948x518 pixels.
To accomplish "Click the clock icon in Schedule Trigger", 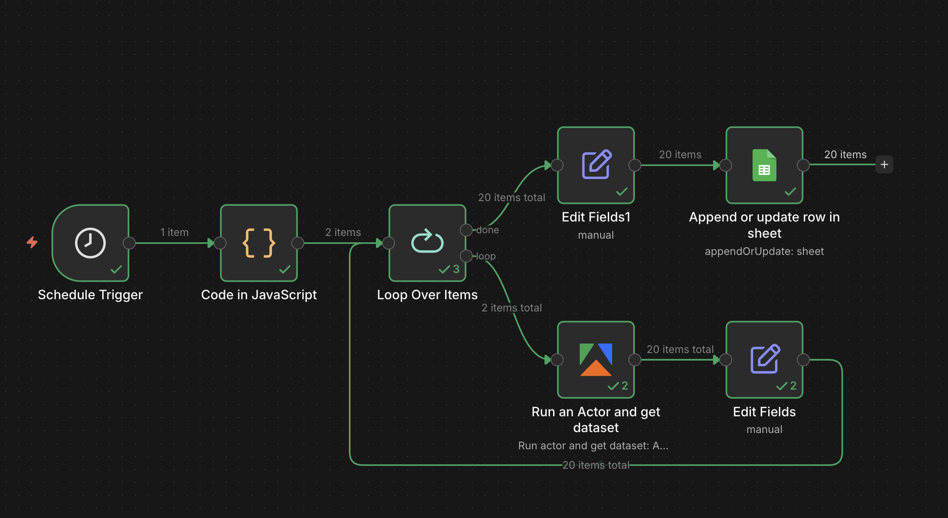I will [x=90, y=243].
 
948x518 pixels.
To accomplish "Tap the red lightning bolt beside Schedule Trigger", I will [x=32, y=242].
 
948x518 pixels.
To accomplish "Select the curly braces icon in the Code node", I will [x=259, y=243].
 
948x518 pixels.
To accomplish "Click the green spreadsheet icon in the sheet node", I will [x=764, y=165].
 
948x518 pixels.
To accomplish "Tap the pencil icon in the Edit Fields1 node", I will [x=596, y=164].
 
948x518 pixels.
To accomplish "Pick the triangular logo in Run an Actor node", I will [x=596, y=360].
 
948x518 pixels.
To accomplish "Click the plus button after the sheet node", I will [x=884, y=165].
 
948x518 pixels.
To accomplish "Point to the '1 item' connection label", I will [x=174, y=232].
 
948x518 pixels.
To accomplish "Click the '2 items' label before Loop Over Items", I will [x=343, y=232].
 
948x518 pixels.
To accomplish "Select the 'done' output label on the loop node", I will [x=488, y=230].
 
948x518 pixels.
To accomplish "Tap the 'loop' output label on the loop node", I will [x=486, y=256].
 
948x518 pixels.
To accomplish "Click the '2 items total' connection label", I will [x=512, y=308].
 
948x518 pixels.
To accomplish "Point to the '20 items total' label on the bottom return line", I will [x=596, y=465].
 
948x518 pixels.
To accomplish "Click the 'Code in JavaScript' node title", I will [x=259, y=295].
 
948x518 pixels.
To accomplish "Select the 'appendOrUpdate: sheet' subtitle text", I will [x=764, y=251].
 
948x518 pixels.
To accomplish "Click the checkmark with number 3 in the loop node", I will [x=449, y=269].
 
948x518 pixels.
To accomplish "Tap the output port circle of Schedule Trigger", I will [x=129, y=243].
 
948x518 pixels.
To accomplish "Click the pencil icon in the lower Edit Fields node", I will [x=765, y=359].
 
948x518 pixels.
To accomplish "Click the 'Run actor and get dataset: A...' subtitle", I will [x=593, y=446].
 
